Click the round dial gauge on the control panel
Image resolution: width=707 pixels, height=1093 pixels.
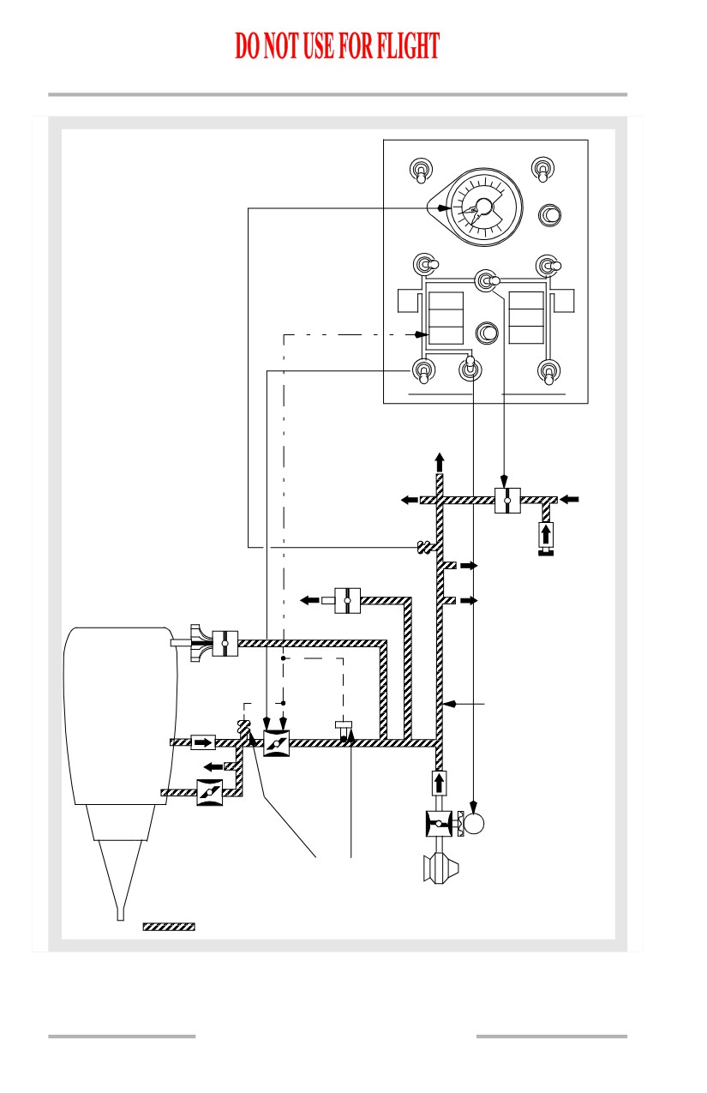point(484,207)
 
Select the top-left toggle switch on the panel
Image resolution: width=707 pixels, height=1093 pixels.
point(421,171)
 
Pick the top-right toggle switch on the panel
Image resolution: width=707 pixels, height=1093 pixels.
point(542,170)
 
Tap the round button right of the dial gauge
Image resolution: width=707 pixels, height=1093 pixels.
point(550,215)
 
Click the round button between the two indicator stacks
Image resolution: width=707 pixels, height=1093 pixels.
point(487,333)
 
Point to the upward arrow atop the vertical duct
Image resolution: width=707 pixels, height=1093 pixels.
point(440,463)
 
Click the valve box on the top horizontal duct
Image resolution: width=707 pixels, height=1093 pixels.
point(507,500)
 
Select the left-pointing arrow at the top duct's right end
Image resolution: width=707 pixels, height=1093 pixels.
point(569,499)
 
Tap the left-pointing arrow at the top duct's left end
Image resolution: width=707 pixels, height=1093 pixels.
point(410,500)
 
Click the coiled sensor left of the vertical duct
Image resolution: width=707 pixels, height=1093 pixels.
point(426,548)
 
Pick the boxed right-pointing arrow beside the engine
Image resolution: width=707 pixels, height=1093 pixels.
point(202,742)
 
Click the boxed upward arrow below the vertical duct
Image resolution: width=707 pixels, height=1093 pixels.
point(439,784)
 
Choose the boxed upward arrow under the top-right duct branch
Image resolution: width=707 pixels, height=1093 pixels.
point(546,535)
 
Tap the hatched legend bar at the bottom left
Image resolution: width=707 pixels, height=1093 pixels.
point(169,927)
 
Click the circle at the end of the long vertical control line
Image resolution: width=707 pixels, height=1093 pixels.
point(473,824)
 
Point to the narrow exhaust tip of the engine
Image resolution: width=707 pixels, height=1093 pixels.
point(121,915)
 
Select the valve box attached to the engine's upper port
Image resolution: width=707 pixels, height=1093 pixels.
point(225,643)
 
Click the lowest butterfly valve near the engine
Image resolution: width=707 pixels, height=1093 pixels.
point(209,793)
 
